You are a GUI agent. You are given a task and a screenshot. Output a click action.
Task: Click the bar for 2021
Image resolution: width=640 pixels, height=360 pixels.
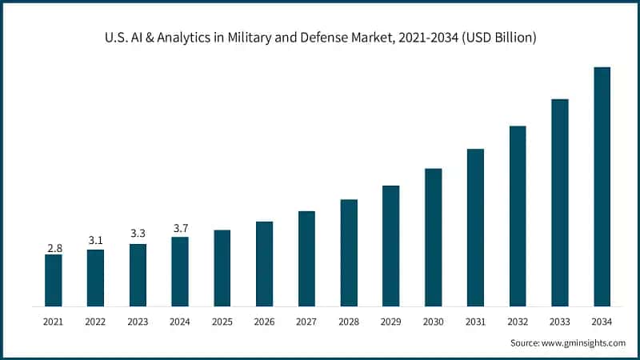pyautogui.click(x=53, y=280)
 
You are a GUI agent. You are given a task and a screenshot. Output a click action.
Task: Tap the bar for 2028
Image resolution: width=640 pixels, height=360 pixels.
pyautogui.click(x=349, y=253)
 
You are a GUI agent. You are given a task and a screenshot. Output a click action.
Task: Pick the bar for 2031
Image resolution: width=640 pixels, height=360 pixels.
pyautogui.click(x=475, y=227)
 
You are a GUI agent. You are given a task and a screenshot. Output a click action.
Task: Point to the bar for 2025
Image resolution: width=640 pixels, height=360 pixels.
pyautogui.click(x=222, y=268)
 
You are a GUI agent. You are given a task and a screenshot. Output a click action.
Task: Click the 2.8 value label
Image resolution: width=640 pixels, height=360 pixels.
pyautogui.click(x=54, y=248)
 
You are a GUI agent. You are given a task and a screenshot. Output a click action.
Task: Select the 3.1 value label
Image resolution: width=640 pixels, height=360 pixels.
pyautogui.click(x=95, y=241)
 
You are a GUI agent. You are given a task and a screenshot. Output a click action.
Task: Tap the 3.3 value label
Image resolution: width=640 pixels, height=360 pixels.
pyautogui.click(x=138, y=234)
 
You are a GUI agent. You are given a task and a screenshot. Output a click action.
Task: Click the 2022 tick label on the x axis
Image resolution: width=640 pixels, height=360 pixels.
pyautogui.click(x=95, y=322)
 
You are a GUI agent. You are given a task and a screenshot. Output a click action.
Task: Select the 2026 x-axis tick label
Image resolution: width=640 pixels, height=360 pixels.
pyautogui.click(x=264, y=322)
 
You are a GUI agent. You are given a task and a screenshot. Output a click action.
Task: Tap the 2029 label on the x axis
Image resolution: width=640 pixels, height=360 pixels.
pyautogui.click(x=391, y=322)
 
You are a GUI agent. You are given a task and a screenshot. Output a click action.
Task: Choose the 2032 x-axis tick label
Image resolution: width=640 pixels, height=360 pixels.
pyautogui.click(x=518, y=322)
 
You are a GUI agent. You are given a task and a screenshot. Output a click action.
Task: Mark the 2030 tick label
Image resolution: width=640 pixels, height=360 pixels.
pyautogui.click(x=433, y=322)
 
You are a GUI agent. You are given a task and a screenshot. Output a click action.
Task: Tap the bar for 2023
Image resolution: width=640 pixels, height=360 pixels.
pyautogui.click(x=138, y=275)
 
